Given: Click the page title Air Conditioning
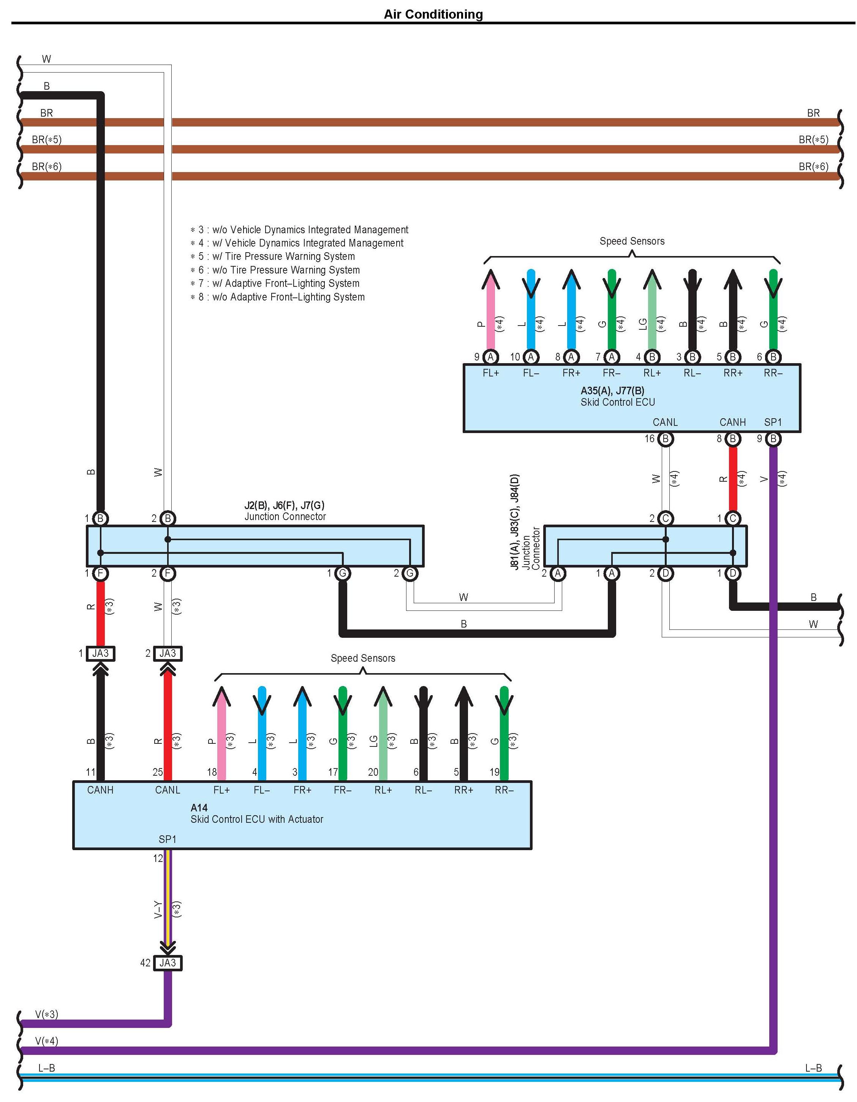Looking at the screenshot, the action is coord(433,14).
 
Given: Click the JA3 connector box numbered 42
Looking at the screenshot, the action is coord(168,963).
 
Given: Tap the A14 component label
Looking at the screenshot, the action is coord(199,807).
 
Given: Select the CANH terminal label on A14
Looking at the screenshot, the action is coord(100,790).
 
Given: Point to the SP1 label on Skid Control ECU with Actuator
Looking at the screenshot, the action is coord(168,839).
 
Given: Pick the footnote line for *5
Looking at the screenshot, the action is coord(272,256).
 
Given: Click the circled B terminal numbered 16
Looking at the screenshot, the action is coord(665,438).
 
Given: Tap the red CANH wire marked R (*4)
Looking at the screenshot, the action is coord(733,478).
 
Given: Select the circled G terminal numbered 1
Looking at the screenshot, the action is coord(343,573).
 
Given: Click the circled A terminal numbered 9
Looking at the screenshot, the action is coord(490,357).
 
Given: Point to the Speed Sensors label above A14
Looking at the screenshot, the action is coord(363,658).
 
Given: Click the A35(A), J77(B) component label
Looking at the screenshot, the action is coord(612,390).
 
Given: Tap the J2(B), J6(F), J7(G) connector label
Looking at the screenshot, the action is coord(284,505).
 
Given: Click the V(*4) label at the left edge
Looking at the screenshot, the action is coord(46,1040).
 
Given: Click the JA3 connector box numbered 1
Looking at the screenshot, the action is coord(100,653).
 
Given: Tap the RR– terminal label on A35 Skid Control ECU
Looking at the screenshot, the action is coord(773,373).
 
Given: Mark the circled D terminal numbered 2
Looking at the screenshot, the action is coord(666,573).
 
